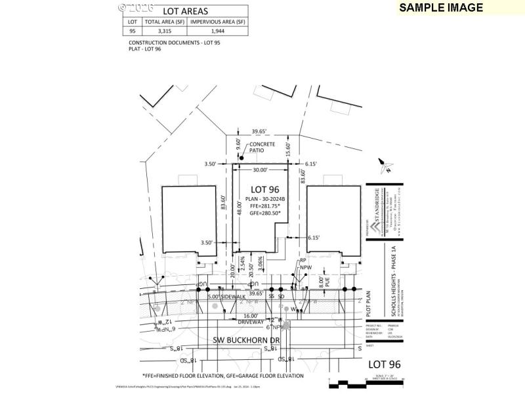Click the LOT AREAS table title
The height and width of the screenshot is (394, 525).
(185, 11)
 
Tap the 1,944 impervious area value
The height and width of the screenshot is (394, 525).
(217, 31)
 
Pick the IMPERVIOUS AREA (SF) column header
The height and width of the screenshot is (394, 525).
(217, 22)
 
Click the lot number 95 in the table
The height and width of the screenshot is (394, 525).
(133, 31)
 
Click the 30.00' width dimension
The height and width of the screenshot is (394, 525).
(260, 170)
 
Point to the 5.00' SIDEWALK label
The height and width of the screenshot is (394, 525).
(226, 297)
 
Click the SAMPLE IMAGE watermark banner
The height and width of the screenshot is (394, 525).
(441, 8)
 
